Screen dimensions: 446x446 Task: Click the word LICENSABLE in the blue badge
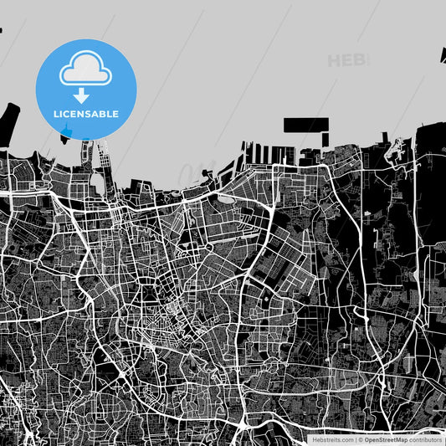pos(86,114)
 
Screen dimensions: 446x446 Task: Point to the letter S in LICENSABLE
pos(93,114)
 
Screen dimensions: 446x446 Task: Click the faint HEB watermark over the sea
pos(346,60)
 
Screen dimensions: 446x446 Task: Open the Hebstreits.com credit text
pos(331,439)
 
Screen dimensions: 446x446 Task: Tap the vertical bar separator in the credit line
pos(354,439)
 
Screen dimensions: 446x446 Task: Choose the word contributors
pos(425,439)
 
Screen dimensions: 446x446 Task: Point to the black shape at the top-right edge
pos(442,55)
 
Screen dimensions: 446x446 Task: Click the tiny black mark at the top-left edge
pos(1,31)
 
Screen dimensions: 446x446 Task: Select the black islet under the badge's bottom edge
pos(67,135)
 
